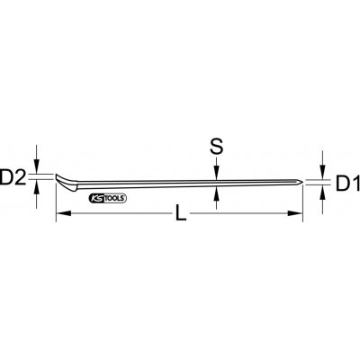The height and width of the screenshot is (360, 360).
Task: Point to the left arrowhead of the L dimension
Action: (x=61, y=213)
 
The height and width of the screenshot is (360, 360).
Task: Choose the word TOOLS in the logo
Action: (x=116, y=198)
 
